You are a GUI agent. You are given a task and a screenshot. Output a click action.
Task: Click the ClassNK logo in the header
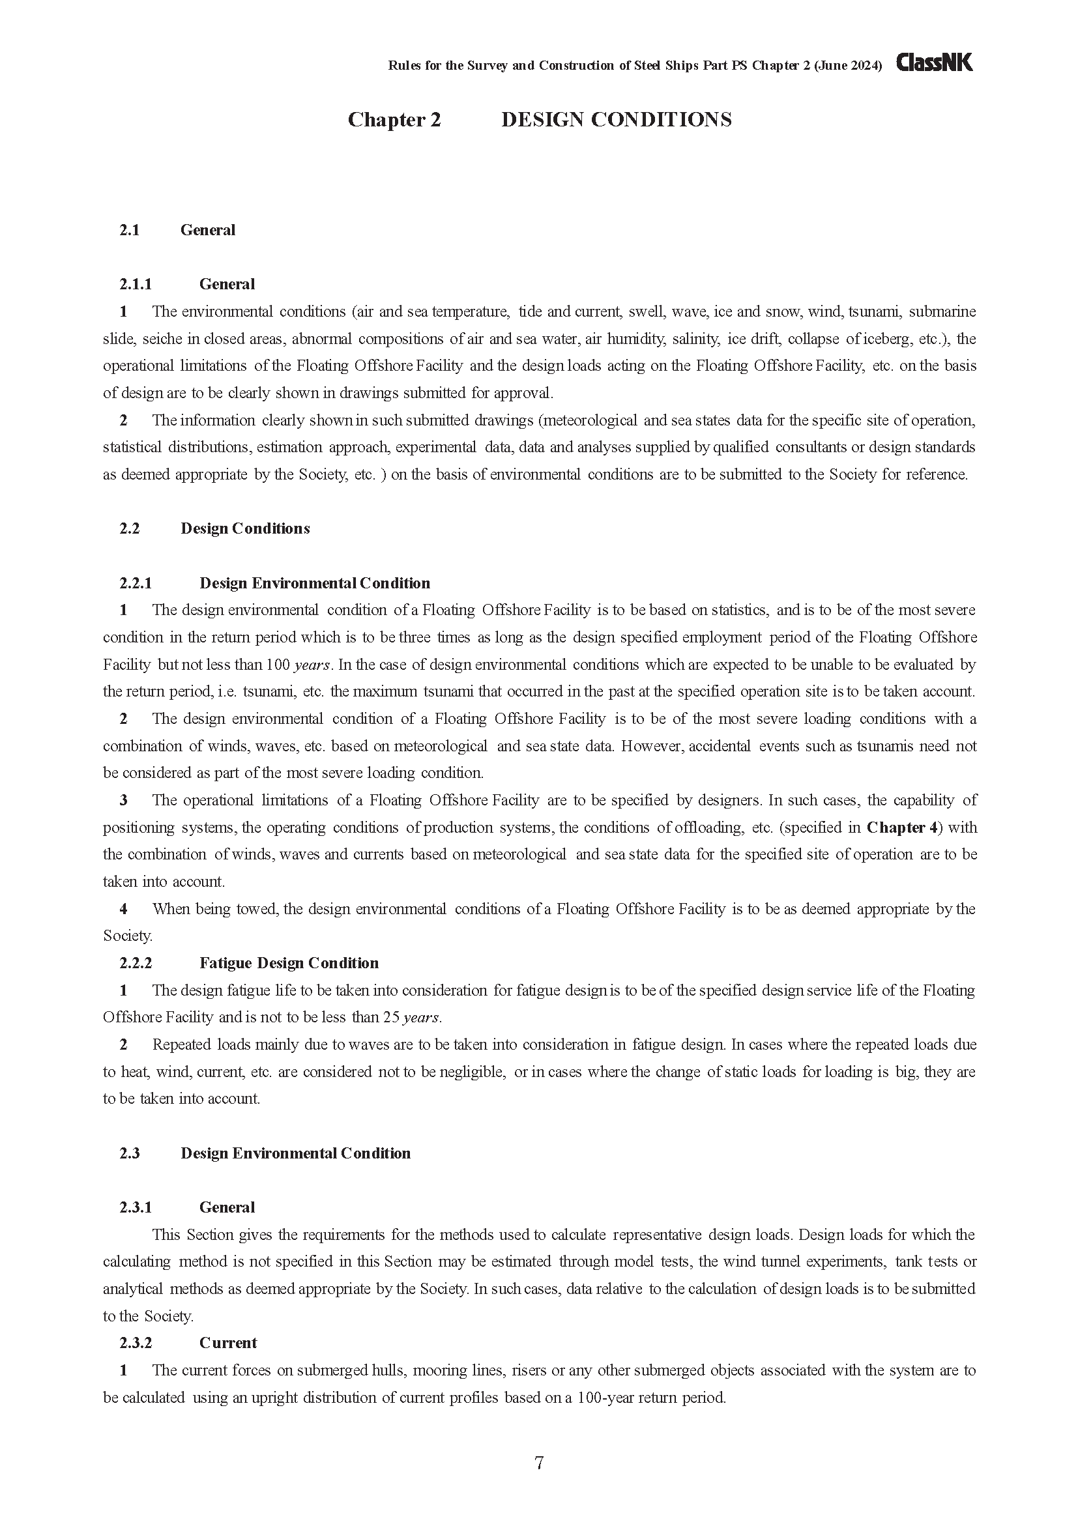935,63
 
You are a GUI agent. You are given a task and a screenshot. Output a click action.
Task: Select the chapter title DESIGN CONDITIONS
616,119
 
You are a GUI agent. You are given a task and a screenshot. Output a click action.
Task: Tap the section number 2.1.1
136,284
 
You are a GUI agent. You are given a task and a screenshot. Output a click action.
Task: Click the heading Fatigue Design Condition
289,963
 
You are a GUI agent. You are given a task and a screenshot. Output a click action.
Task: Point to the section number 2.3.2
136,1343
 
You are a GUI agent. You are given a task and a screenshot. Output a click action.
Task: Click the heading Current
227,1343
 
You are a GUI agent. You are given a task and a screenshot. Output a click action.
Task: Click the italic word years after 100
312,665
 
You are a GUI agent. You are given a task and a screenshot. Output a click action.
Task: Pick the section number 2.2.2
136,963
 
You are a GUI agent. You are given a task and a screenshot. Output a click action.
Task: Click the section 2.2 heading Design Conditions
245,528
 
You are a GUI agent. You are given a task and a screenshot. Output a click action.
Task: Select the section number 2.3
130,1153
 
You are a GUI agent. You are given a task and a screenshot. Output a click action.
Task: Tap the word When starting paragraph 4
171,909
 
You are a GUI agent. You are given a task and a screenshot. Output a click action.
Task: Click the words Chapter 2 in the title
394,119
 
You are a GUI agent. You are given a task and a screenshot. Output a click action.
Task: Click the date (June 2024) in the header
848,65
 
